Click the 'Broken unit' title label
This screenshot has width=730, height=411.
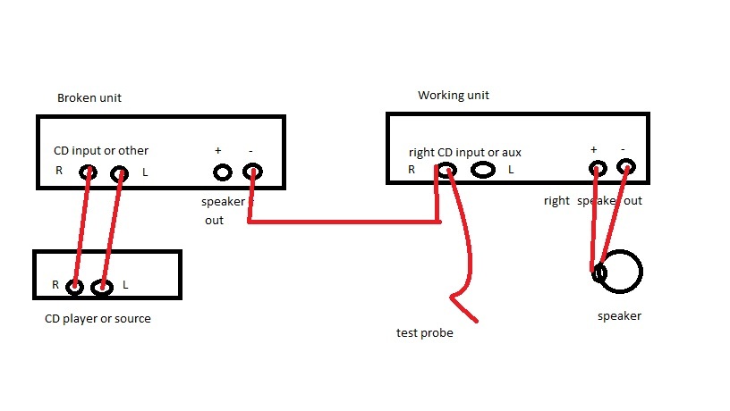89,97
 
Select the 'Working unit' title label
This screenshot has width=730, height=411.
454,96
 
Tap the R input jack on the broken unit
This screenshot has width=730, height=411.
87,172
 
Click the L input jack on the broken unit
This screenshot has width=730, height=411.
119,173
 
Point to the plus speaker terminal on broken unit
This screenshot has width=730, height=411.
218,172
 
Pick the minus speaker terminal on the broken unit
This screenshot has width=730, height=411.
252,172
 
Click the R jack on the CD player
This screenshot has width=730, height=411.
74,287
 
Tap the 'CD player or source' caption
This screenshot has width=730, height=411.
98,319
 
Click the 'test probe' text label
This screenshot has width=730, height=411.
424,333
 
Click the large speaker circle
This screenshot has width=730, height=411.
619,272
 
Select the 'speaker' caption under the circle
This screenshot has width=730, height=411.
619,315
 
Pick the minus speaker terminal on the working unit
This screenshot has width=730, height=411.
626,166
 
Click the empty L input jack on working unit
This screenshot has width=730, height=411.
483,169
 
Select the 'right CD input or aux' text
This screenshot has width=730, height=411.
464,153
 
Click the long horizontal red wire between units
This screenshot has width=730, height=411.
344,222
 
